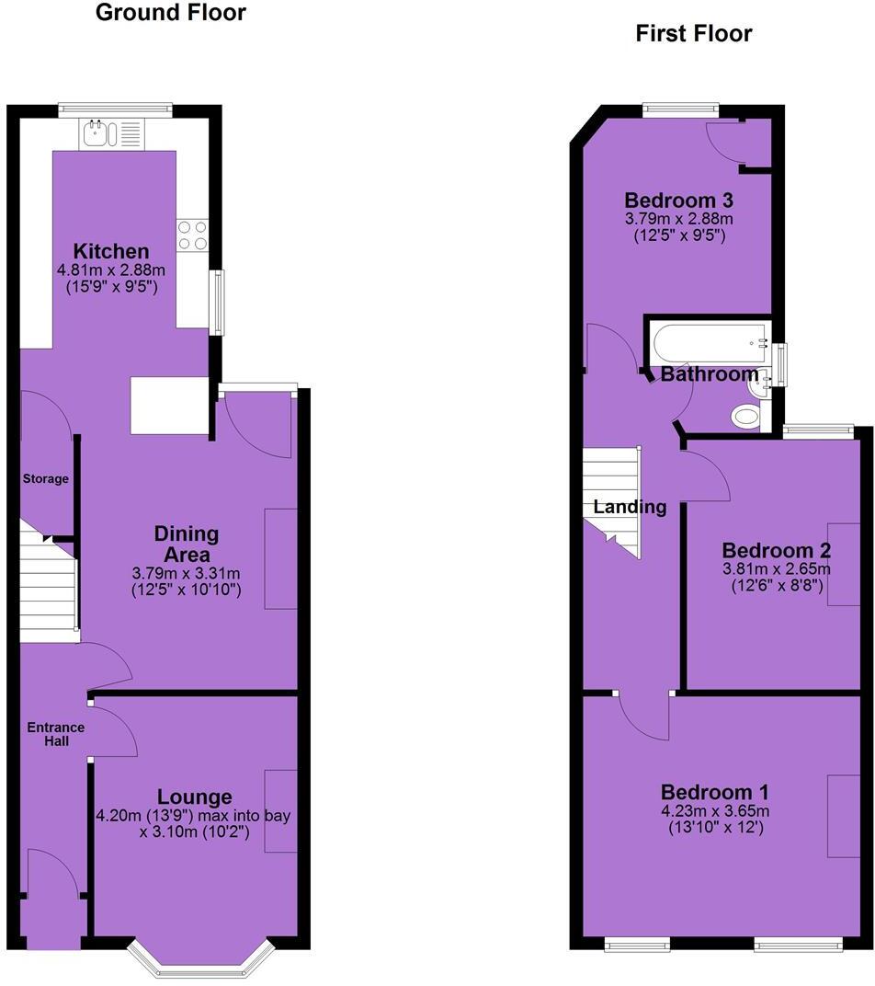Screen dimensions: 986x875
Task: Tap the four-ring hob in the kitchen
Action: coord(193,235)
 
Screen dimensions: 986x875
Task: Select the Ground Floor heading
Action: coord(171,13)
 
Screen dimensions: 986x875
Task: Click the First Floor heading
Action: coord(694,34)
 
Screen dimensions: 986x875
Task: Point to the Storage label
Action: coord(46,478)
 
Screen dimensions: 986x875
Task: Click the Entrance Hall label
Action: coord(55,734)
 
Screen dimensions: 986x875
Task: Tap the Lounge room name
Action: coord(194,797)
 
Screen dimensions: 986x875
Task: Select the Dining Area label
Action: coord(187,545)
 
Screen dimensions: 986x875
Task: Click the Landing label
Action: coord(630,507)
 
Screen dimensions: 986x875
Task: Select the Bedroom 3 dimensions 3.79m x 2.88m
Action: coord(679,219)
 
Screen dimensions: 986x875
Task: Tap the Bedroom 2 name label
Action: coord(777,550)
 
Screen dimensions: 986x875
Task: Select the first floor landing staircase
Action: coord(611,500)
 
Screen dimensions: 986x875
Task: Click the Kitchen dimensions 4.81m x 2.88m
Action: coord(111,270)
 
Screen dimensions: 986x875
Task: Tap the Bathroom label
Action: coord(710,374)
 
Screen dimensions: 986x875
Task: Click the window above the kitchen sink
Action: coord(115,109)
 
